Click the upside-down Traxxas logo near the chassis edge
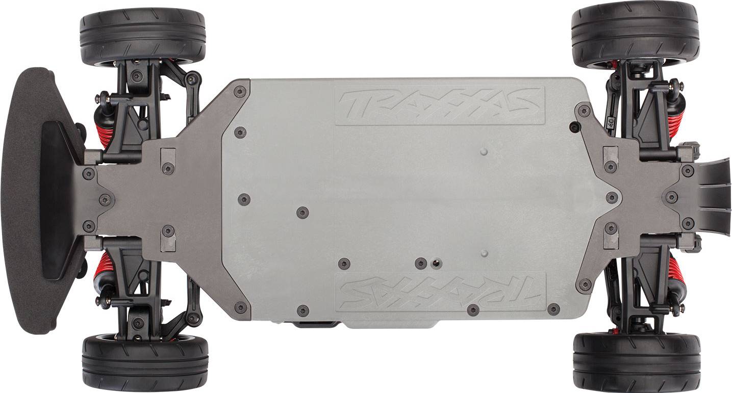pyautogui.click(x=440, y=291)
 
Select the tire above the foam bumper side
pyautogui.click(x=142, y=37)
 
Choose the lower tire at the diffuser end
pyautogui.click(x=637, y=360)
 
